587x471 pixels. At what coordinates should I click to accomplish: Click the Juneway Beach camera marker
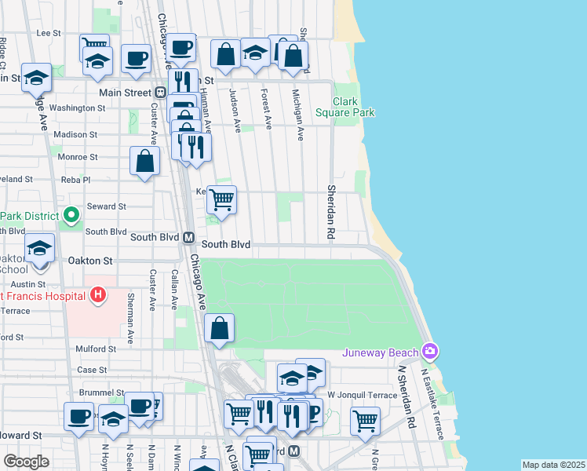(x=429, y=350)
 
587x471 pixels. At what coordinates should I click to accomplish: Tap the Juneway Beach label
(x=381, y=352)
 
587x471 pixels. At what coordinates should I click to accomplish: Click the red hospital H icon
(x=98, y=295)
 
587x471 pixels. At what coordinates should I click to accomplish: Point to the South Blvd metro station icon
(x=188, y=237)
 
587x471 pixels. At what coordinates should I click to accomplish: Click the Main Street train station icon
(x=160, y=92)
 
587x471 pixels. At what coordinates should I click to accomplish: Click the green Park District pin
(x=71, y=214)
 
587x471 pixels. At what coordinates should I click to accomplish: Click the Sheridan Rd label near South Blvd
(x=330, y=213)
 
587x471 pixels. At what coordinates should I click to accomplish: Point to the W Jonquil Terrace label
(x=358, y=393)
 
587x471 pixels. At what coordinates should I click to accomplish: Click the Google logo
(x=26, y=462)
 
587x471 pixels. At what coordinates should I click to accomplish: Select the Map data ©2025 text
(x=553, y=465)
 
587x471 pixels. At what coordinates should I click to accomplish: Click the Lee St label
(x=49, y=33)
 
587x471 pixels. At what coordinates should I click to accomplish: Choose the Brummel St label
(x=102, y=392)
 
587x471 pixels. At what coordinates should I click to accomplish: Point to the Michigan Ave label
(x=297, y=115)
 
